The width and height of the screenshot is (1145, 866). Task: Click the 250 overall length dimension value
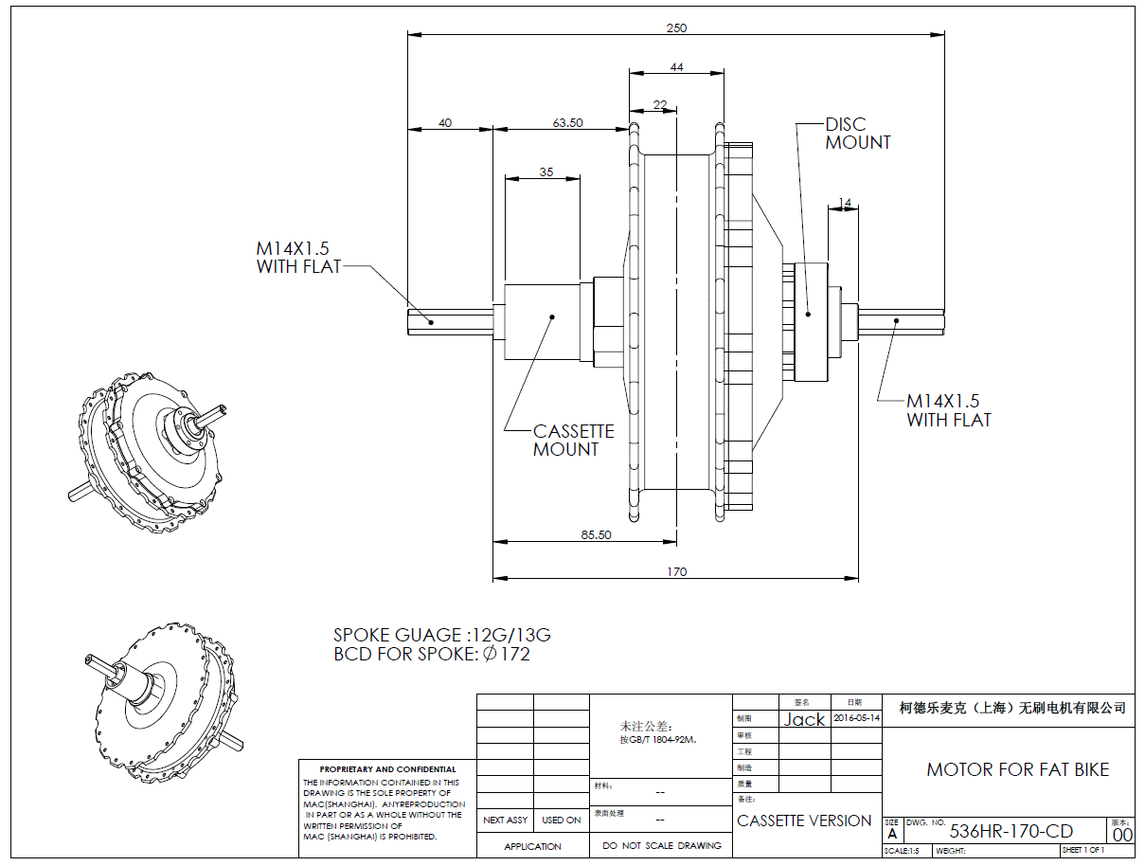point(676,28)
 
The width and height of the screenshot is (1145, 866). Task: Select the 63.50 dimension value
point(567,122)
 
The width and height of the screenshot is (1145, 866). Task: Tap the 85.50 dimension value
point(596,534)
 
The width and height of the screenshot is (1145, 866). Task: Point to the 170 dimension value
point(676,571)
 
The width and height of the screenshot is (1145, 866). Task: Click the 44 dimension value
point(676,67)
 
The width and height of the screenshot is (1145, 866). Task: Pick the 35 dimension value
point(546,171)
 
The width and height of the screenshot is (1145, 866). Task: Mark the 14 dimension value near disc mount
point(845,203)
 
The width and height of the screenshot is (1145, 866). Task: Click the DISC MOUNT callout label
point(858,134)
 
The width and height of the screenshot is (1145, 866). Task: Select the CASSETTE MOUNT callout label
point(573,441)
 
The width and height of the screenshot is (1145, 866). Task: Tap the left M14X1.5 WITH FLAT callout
point(298,258)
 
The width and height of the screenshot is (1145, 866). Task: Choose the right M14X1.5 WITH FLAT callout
point(949,410)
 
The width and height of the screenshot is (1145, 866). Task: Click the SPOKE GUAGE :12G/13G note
point(441,636)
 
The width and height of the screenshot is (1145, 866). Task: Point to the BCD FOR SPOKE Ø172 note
point(432,655)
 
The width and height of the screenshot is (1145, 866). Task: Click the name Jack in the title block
point(804,719)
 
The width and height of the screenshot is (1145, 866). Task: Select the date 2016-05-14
point(856,718)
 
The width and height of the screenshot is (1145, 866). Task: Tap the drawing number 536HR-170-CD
point(1011,832)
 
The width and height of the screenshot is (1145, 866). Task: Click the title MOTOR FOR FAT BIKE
point(1017,769)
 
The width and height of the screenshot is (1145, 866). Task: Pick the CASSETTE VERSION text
point(804,821)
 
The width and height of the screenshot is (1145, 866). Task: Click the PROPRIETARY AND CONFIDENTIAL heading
point(387,769)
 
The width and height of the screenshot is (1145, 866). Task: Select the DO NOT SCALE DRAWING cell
point(661,845)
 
